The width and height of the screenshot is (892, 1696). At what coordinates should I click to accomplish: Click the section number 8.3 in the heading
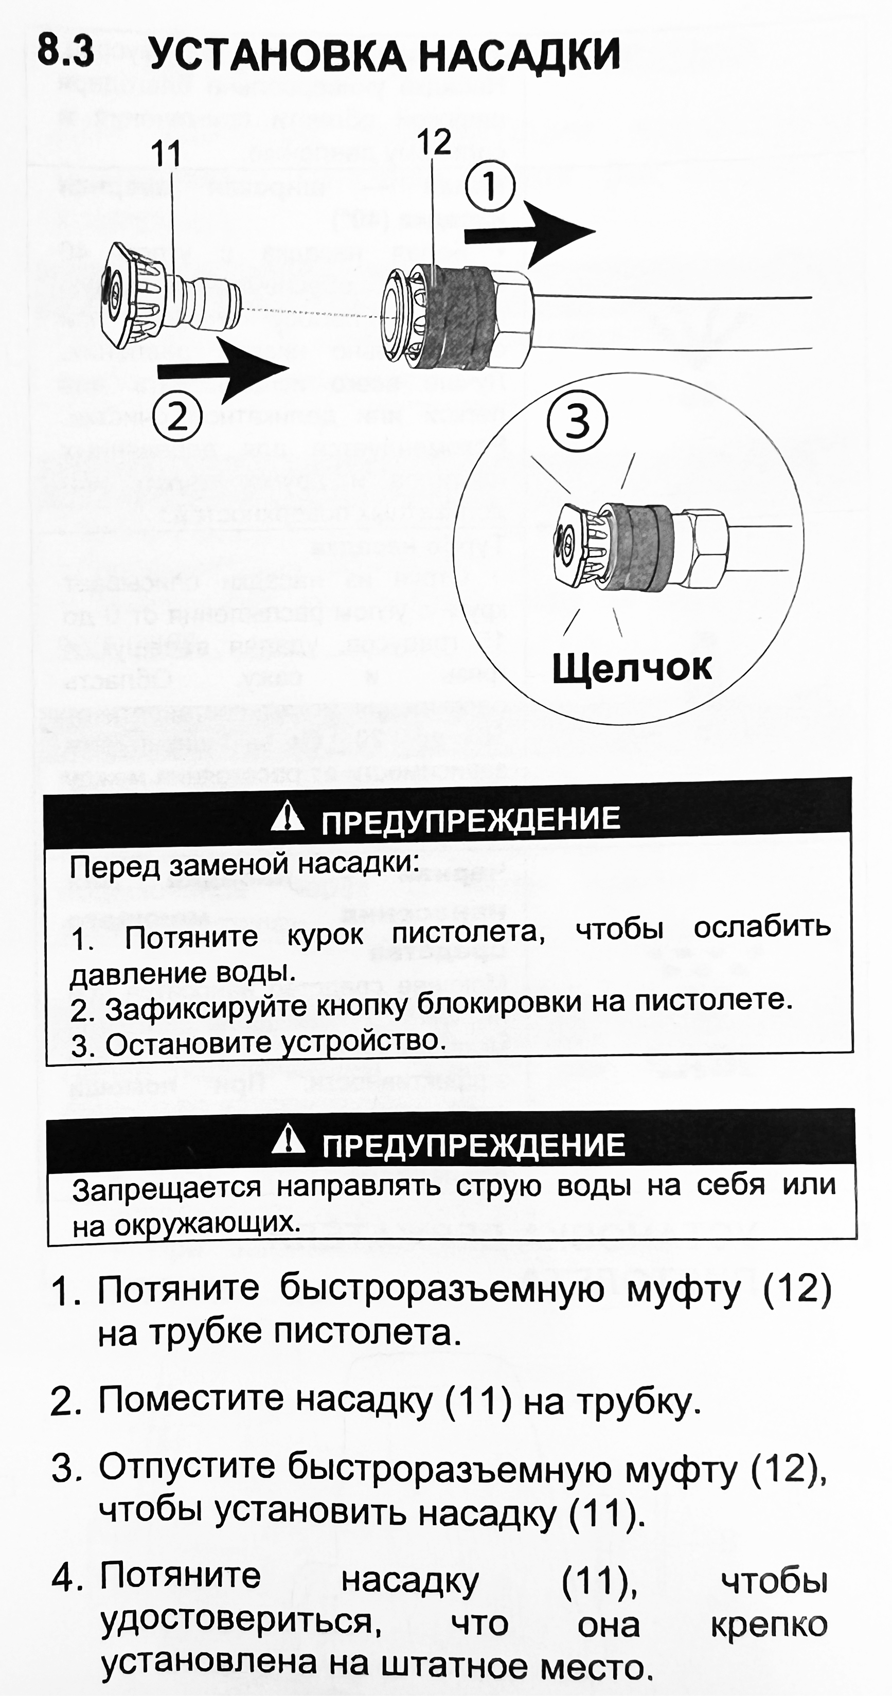65,51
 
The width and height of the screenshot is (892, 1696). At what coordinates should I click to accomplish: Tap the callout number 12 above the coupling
433,142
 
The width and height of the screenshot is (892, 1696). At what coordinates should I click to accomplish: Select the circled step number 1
490,187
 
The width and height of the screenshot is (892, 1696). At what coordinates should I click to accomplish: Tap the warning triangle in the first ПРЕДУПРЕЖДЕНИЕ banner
288,818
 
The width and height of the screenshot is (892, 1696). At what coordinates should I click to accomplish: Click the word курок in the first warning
325,934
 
